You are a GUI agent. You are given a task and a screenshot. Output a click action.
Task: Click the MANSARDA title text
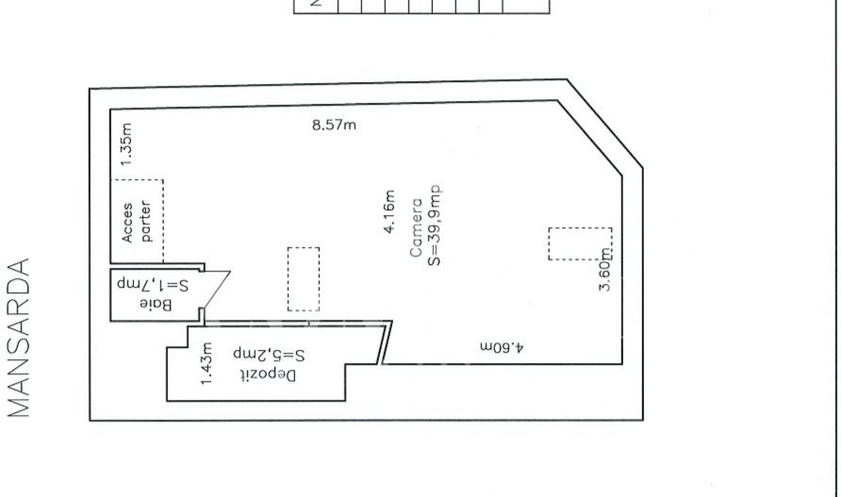20,337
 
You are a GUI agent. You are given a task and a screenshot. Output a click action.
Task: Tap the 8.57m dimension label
334,125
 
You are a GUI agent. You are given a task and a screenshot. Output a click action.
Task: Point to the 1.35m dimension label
128,143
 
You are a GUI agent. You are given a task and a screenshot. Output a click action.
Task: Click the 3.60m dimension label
606,268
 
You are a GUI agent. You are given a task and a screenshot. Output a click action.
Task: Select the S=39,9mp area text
434,224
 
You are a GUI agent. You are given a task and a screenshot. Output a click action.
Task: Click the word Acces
128,222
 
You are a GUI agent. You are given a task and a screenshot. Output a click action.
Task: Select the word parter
146,222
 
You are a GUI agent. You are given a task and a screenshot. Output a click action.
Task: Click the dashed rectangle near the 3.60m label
580,243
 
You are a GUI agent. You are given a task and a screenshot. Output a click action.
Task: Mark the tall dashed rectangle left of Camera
304,279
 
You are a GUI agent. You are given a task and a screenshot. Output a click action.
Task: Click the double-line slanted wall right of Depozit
386,341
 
